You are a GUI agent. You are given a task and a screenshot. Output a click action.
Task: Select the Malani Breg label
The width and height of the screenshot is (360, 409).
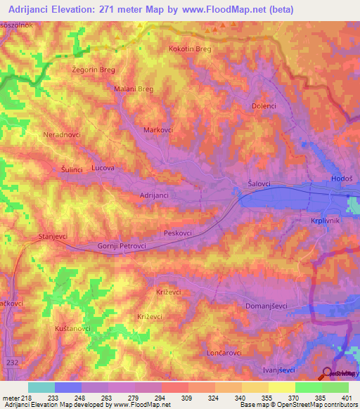134,89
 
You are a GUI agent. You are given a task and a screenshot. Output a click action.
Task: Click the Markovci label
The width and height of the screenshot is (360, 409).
158,131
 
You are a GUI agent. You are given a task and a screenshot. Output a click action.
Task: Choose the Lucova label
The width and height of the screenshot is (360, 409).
103,169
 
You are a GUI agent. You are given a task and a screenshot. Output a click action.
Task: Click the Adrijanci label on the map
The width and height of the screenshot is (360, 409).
154,195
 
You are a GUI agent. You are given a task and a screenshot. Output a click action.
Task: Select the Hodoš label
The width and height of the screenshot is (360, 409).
342,180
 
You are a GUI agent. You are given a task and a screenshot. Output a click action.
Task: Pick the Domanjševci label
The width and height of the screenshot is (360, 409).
269,306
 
